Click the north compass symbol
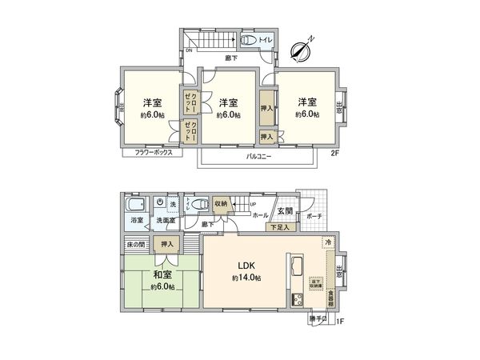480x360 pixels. pos(302,48)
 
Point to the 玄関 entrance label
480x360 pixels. pos(285,211)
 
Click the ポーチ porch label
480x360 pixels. pos(314,215)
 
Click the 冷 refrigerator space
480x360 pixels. pos(328,241)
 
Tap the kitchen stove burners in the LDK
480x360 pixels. pos(295,300)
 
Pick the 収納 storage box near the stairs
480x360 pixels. pos(220,204)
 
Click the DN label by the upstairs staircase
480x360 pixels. pos(189,50)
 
